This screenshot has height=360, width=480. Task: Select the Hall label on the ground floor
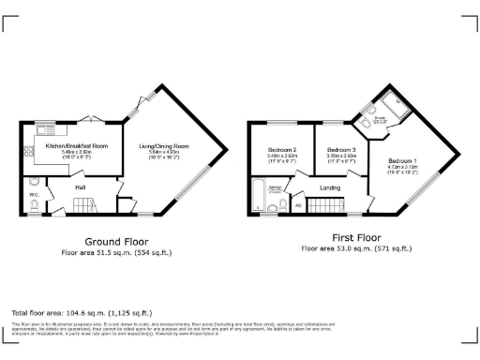(82, 187)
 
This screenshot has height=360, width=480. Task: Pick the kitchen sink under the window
(47, 129)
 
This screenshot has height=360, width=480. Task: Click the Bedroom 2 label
(281, 150)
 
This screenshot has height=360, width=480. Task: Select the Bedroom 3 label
(341, 150)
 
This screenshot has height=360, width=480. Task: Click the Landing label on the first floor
(329, 188)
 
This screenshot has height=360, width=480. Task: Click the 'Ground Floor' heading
(117, 240)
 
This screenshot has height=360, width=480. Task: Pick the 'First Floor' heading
(356, 238)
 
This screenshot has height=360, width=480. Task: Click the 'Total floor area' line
(82, 312)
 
